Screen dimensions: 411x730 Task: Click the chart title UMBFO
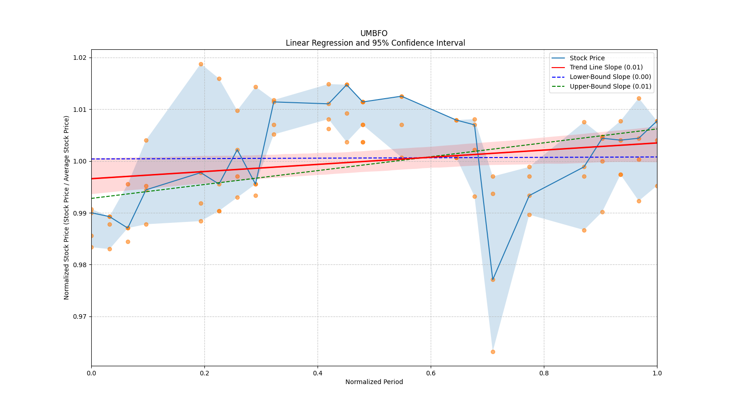click(374, 33)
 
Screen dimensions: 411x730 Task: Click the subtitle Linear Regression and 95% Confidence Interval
click(375, 43)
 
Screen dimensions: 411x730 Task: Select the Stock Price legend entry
click(587, 58)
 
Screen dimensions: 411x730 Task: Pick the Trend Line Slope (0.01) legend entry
click(606, 67)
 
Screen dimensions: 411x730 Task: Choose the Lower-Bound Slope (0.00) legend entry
click(610, 77)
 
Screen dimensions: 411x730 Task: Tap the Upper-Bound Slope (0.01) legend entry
click(610, 86)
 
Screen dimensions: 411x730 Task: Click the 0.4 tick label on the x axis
click(318, 373)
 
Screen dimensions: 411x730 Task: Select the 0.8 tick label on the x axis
click(544, 373)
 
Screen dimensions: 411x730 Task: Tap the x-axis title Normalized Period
click(374, 382)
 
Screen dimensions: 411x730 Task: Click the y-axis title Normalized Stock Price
click(67, 207)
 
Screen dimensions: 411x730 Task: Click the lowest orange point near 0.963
click(493, 352)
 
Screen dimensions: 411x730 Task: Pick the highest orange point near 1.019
click(201, 64)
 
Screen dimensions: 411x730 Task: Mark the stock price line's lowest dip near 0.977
click(493, 279)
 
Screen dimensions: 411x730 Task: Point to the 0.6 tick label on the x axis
click(431, 373)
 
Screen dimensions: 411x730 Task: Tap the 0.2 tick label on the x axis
click(204, 373)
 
